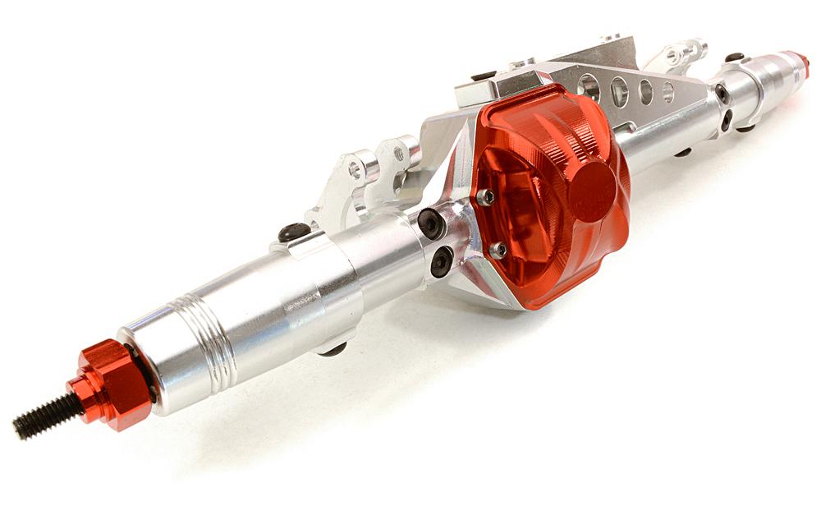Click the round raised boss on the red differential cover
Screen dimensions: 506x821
[591, 191]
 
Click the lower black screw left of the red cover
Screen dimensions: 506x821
[441, 262]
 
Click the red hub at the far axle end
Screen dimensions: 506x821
[795, 63]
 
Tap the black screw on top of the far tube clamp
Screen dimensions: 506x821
[734, 57]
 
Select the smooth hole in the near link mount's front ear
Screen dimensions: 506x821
[354, 171]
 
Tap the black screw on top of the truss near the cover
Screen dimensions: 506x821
[484, 76]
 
